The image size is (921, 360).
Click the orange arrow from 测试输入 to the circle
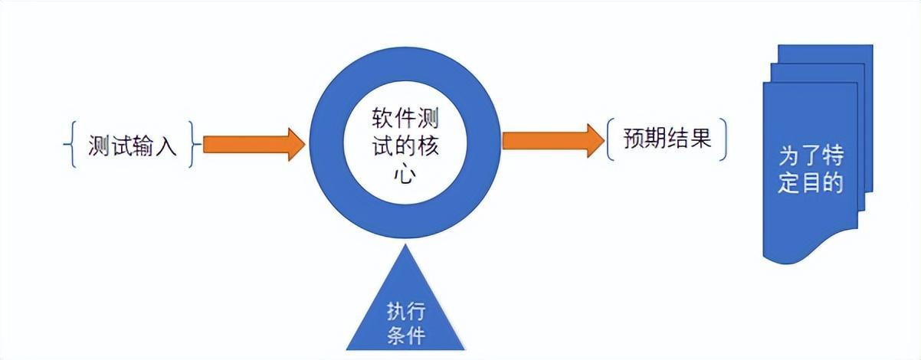[249, 144]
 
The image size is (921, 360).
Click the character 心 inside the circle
[405, 175]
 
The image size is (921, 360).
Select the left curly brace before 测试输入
[70, 143]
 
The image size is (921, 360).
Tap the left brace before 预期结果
[611, 139]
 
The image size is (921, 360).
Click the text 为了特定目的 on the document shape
[810, 170]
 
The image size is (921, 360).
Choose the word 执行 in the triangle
[406, 313]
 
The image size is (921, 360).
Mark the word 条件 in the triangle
[406, 335]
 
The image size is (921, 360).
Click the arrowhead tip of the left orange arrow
[304, 144]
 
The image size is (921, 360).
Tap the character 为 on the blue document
[789, 157]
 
